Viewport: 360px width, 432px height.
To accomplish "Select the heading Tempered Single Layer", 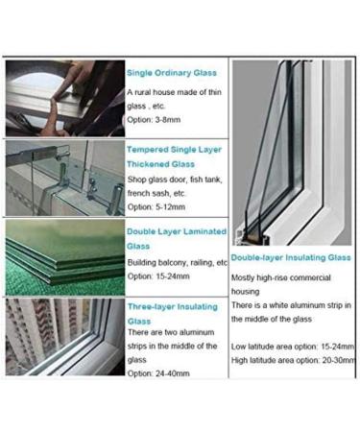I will pyautogui.click(x=177, y=150).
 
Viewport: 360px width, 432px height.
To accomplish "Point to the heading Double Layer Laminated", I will pyautogui.click(x=177, y=231).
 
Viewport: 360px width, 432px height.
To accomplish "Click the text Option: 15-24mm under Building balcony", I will pyautogui.click(x=158, y=276).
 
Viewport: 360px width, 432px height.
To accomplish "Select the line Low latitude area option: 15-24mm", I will pyautogui.click(x=293, y=346).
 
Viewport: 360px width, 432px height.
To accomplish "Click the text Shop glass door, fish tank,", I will pyautogui.click(x=173, y=179).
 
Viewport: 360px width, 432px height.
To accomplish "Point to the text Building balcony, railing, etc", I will pyautogui.click(x=177, y=262).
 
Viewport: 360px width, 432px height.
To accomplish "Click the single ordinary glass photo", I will pyautogui.click(x=64, y=98).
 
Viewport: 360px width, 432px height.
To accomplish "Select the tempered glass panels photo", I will pyautogui.click(x=64, y=178).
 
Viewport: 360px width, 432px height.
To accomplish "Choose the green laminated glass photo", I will pyautogui.click(x=64, y=256).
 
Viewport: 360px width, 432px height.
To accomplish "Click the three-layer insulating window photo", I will pyautogui.click(x=64, y=336).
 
